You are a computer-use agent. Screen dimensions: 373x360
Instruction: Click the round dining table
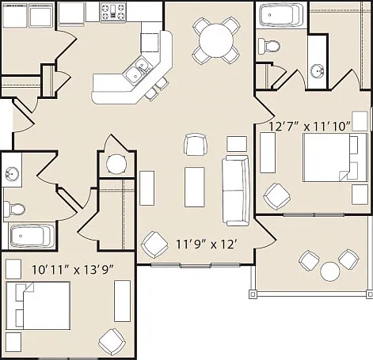tap(216, 40)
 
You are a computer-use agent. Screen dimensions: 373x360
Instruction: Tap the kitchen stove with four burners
tap(113, 12)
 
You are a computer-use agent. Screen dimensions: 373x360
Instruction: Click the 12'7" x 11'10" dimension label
tap(310, 127)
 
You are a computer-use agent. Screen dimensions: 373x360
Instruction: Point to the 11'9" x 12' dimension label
tap(205, 244)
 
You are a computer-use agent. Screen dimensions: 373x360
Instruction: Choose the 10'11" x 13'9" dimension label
tap(73, 270)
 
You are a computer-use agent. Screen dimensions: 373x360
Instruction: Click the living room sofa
tap(236, 191)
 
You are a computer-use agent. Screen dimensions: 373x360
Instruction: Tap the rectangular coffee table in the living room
tap(195, 187)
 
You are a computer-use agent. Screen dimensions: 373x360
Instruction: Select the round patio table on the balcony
tap(329, 271)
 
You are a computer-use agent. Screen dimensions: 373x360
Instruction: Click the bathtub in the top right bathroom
tap(282, 14)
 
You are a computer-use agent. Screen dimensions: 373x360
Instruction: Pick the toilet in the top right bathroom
tap(268, 46)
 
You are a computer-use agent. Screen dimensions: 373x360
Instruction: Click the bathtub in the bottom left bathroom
tap(32, 235)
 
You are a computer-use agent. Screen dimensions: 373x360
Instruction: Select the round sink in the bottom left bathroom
tap(12, 174)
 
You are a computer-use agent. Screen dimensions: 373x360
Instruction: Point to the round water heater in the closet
tap(116, 164)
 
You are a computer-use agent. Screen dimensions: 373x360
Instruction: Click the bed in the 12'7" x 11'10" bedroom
tap(335, 157)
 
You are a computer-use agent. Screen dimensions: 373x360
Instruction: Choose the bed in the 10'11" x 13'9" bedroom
tap(38, 305)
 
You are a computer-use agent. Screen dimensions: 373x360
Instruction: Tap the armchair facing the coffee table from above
tap(196, 145)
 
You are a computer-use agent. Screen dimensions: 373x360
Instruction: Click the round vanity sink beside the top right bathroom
tap(317, 71)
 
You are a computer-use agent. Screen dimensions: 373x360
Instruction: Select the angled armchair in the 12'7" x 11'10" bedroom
tap(277, 196)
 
